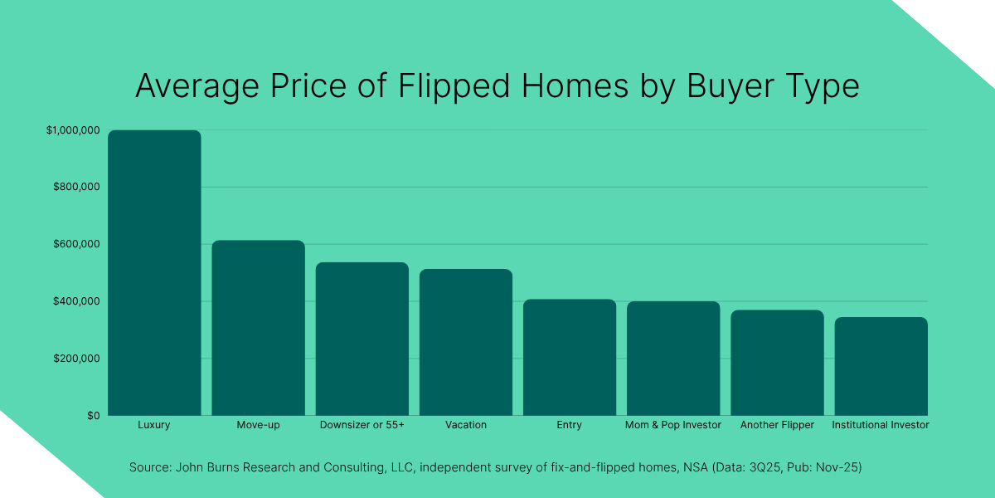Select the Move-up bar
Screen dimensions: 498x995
tap(258, 328)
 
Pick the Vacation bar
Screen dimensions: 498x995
tap(466, 342)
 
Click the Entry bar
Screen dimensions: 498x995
tap(570, 357)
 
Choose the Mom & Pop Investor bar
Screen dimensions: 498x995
tap(673, 358)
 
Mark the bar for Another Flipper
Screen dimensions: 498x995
tap(777, 363)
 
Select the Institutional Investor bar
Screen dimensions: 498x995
tap(881, 366)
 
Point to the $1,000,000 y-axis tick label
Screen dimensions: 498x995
tap(74, 130)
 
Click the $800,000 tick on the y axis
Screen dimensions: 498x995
tap(77, 188)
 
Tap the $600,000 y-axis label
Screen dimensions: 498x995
tap(77, 245)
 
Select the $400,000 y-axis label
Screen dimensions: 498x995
tap(77, 301)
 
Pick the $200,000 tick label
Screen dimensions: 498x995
tap(77, 359)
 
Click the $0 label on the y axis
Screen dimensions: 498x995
tap(93, 416)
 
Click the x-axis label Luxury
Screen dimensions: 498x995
tap(154, 425)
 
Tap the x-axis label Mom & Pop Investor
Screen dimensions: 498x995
tap(673, 425)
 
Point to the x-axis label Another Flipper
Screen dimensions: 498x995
tap(777, 425)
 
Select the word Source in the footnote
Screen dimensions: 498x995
tap(148, 468)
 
